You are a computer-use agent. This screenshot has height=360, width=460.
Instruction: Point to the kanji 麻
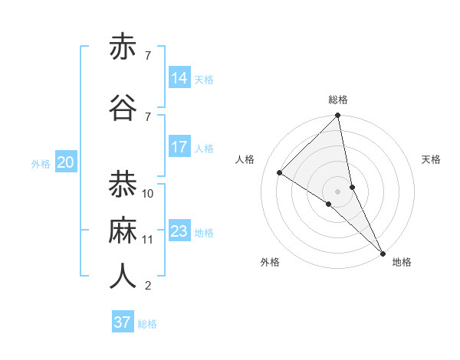coord(123,231)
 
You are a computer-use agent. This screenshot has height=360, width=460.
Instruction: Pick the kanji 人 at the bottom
coord(123,277)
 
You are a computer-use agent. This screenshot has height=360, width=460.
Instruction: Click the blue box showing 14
coord(179,78)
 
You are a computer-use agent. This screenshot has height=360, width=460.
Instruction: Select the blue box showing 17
coord(179,147)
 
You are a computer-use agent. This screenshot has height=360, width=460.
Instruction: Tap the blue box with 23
coord(179,231)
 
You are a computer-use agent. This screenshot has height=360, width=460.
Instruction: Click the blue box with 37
coord(123,322)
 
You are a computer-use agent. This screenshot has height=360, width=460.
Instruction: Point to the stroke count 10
coord(148,194)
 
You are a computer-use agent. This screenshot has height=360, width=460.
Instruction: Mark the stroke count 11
coord(148,240)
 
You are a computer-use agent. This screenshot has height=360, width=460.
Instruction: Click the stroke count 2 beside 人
coord(147,286)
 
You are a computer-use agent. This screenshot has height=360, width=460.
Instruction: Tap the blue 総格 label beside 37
coord(147,324)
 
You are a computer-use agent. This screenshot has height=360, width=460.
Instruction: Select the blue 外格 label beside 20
coord(41,163)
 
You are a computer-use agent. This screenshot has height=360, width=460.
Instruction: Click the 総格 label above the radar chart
coord(338,100)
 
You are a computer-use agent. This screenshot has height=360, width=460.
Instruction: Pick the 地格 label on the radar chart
coord(402,262)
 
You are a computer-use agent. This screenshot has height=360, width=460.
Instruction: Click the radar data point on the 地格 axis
coord(383,252)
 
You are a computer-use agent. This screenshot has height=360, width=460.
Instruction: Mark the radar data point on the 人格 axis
coord(280,172)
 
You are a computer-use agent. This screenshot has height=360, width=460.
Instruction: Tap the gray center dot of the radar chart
coord(337,191)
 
